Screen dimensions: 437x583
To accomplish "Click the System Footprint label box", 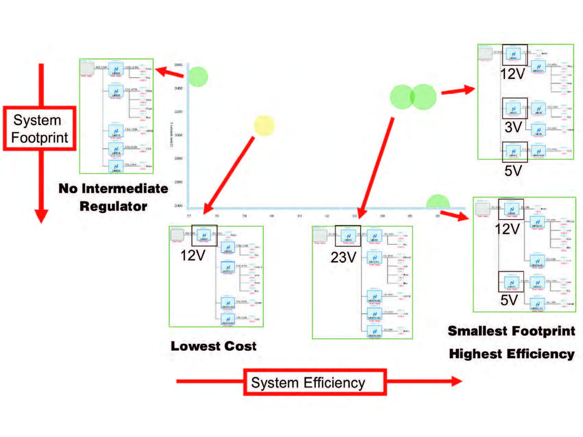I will click(x=39, y=128).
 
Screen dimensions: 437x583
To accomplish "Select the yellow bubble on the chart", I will click(x=264, y=126).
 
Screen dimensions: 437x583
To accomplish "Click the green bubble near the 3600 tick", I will click(x=198, y=77).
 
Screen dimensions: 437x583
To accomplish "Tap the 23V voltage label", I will click(x=343, y=257).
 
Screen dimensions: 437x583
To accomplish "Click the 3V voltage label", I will click(x=513, y=127).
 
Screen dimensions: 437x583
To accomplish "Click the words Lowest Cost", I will click(x=213, y=346).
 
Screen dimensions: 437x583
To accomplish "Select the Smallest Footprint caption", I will click(x=511, y=331).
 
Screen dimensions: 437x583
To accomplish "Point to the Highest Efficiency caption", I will click(x=511, y=354).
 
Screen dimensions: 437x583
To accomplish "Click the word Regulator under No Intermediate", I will click(x=113, y=206).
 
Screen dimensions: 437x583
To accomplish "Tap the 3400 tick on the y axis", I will click(x=178, y=88).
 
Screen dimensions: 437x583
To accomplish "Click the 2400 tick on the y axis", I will click(x=178, y=205).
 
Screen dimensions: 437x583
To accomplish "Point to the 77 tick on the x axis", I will click(x=189, y=216).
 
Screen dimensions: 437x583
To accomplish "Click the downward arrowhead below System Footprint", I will click(x=41, y=216).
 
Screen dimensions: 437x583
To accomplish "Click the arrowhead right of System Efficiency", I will click(x=456, y=381).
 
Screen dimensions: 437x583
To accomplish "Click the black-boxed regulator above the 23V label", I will click(x=348, y=236).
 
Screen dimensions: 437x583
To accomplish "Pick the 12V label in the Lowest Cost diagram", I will click(x=193, y=255).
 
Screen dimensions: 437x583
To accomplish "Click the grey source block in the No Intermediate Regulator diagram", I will click(x=87, y=68).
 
